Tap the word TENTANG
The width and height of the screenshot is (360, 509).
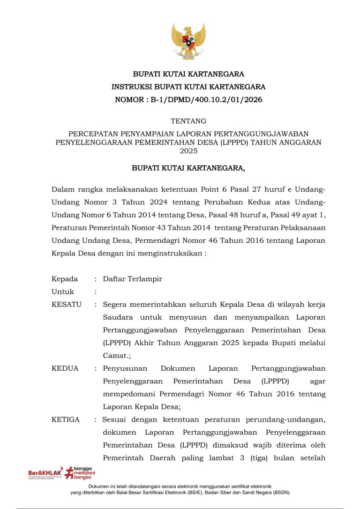pos(188,121)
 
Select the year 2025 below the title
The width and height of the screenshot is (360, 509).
pos(188,151)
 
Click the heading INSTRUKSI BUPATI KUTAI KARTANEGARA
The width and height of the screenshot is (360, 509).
pos(188,87)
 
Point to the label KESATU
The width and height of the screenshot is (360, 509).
pos(67,304)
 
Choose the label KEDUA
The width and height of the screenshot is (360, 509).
pos(65,368)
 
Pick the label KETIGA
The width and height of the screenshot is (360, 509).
pos(66,419)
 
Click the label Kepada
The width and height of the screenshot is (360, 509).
pos(65,279)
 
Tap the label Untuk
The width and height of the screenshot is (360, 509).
pos(63,292)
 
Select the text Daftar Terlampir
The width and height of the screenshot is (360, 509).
pos(133,279)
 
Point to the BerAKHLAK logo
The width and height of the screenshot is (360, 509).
pos(45,473)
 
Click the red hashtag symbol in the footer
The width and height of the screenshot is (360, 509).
pos(69,472)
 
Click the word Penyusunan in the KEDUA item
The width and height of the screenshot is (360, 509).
pos(124,368)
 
